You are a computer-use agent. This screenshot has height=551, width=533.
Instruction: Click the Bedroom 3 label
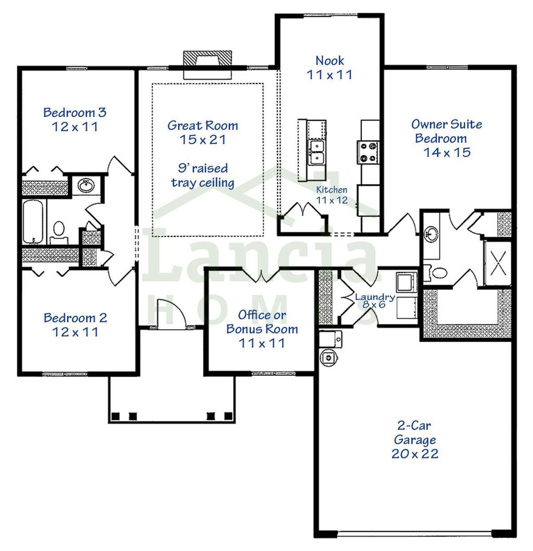pyautogui.click(x=75, y=112)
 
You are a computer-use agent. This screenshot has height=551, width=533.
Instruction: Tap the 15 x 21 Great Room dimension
pyautogui.click(x=202, y=140)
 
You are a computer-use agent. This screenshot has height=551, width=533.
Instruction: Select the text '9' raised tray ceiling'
pyautogui.click(x=202, y=176)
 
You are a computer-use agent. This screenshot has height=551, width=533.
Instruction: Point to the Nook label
pyautogui.click(x=329, y=61)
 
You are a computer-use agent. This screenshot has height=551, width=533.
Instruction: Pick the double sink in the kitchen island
pyautogui.click(x=316, y=152)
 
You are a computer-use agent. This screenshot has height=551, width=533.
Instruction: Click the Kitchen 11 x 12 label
pyautogui.click(x=332, y=195)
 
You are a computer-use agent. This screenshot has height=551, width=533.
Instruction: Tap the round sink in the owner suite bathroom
pyautogui.click(x=432, y=233)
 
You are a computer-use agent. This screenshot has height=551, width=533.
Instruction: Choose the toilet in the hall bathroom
pyautogui.click(x=59, y=230)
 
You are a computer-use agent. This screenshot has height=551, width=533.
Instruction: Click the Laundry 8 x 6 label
pyautogui.click(x=374, y=300)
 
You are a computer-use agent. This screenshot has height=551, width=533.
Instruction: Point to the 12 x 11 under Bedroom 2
pyautogui.click(x=75, y=331)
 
